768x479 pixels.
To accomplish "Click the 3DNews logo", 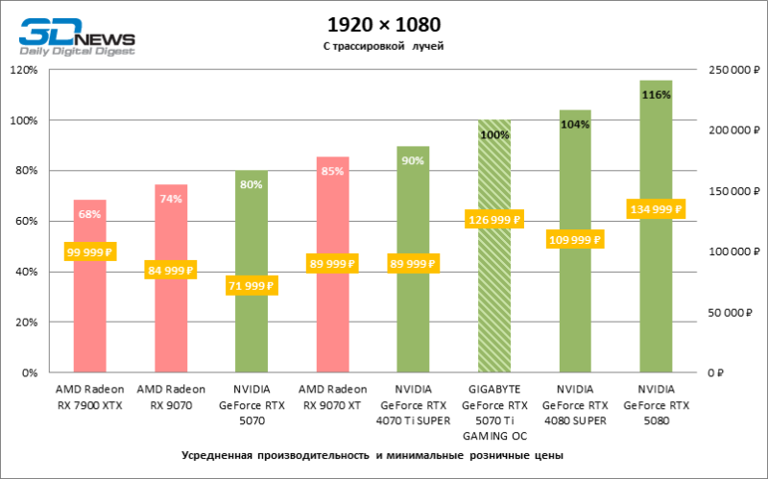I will pos(75,36).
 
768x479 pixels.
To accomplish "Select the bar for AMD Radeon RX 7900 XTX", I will pos(89,317).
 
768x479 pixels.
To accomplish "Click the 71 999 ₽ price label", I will pos(251,285).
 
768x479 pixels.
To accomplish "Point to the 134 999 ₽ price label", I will pos(655,209).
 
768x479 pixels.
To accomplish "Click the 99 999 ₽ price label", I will pos(89,253).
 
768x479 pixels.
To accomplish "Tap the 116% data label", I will pos(656,95).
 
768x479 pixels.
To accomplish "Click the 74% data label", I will pos(171,200).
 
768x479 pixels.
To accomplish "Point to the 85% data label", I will pos(332,172).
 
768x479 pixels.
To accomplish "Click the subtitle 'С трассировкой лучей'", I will pos(384,45).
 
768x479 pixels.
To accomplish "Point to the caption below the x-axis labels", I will pos(370,454).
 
